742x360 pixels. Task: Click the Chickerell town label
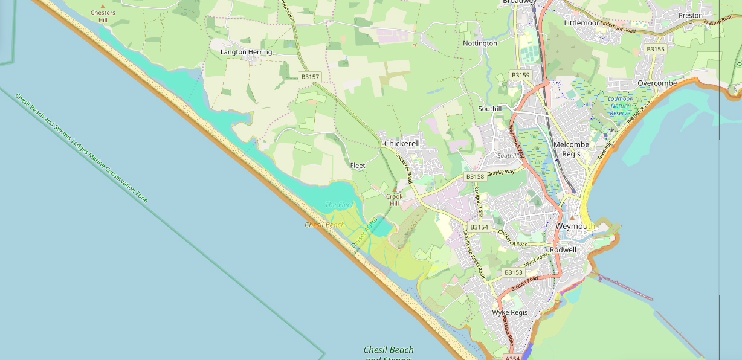pos(402,143)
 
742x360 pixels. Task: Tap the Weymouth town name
pos(575,227)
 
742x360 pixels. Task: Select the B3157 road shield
pos(310,77)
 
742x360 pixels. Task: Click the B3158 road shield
pos(475,176)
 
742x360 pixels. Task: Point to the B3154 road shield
pos(479,227)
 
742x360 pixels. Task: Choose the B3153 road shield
pos(513,272)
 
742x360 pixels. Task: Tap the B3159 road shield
pos(520,75)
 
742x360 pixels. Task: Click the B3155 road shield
pos(655,49)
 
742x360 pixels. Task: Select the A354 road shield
pos(512,358)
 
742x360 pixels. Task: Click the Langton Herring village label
pos(246,52)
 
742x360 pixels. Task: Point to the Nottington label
pos(480,43)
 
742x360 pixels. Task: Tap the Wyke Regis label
pos(509,312)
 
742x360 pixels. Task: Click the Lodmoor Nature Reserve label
pos(620,106)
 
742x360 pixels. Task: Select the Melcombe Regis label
pos(567,149)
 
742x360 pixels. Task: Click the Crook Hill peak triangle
pos(395,190)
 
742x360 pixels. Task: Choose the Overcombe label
pos(657,83)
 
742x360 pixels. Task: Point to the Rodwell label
pos(563,249)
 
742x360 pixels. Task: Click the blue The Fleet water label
pos(339,205)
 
